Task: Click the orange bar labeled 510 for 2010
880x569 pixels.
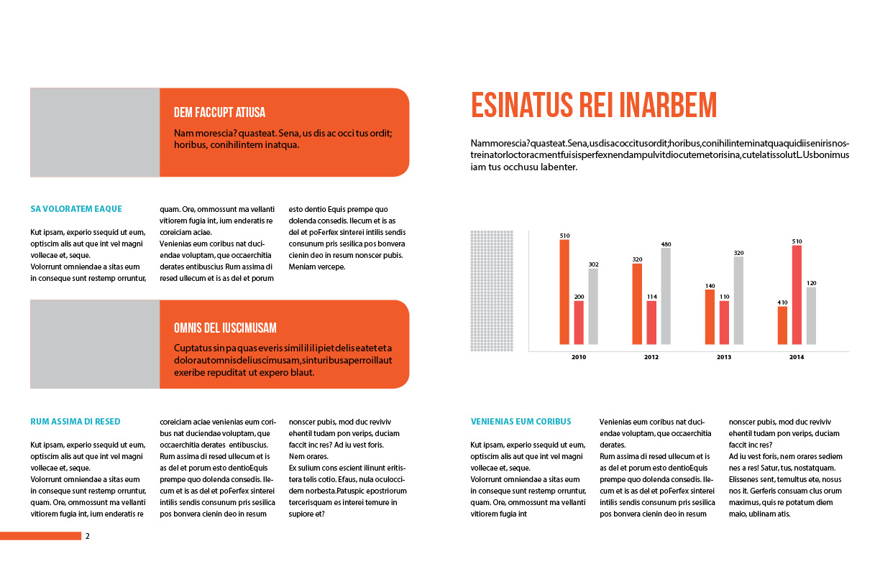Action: tap(564, 291)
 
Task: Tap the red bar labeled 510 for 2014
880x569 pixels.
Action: tap(797, 295)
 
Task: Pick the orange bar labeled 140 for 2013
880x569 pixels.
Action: tap(710, 316)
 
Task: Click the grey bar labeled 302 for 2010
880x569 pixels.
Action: tap(593, 306)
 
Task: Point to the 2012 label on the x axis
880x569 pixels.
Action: tap(651, 357)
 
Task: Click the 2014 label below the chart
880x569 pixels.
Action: tap(797, 357)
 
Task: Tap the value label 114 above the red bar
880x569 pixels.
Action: tap(651, 296)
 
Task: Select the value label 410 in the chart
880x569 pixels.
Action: tap(782, 302)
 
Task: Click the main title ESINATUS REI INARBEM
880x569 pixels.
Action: tap(594, 105)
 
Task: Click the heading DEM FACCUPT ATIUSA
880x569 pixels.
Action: tap(219, 112)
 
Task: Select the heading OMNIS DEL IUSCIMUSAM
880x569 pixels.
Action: tap(225, 328)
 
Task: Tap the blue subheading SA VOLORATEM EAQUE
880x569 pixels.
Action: tap(76, 209)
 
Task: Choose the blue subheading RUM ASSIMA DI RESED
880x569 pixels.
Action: tap(75, 422)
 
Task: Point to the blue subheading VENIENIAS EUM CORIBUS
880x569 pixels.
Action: tap(521, 422)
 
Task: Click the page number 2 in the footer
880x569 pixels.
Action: tap(88, 536)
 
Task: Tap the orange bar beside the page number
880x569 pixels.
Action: tap(40, 536)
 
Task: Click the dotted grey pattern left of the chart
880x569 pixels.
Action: tap(492, 291)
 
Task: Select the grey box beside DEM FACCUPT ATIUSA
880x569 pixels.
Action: tap(95, 132)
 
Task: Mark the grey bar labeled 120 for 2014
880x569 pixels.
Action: tap(811, 315)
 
